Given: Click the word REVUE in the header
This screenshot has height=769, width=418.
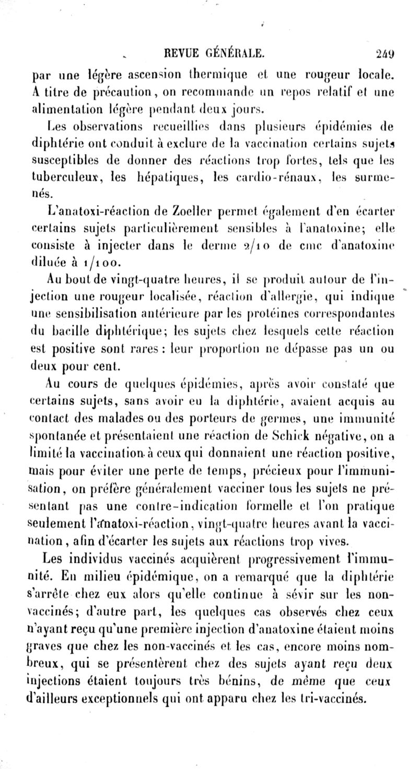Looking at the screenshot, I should pyautogui.click(x=181, y=52).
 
